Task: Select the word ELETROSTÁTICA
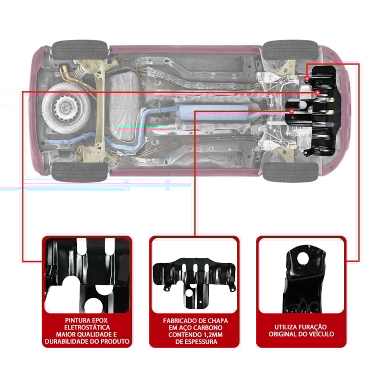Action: coord(87,327)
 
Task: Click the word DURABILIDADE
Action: coord(68,341)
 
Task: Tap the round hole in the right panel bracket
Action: coord(302,258)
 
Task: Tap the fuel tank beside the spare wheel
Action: coord(125,112)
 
